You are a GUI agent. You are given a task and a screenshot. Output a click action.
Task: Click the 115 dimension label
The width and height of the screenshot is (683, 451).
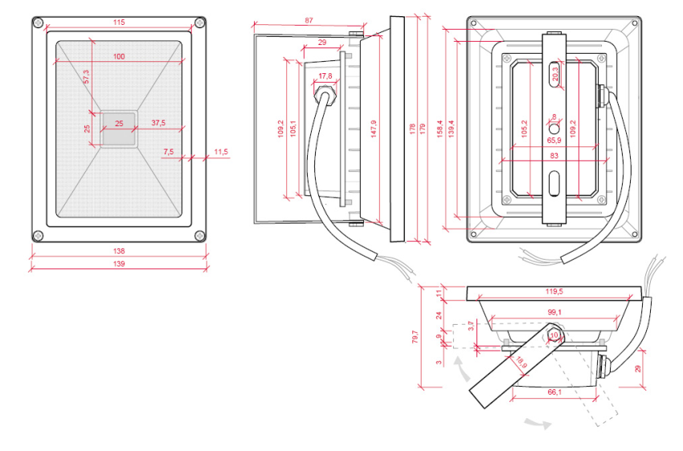(x=119, y=23)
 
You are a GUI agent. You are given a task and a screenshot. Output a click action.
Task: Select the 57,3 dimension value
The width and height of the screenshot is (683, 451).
(x=87, y=76)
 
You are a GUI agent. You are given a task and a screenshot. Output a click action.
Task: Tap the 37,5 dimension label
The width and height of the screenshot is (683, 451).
(x=158, y=123)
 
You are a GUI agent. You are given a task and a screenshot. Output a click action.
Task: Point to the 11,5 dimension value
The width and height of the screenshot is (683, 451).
(x=221, y=151)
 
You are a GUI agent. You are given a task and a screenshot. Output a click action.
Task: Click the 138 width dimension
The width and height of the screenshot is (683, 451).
(x=119, y=252)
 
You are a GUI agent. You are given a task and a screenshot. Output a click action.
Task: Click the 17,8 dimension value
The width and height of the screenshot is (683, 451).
(x=325, y=76)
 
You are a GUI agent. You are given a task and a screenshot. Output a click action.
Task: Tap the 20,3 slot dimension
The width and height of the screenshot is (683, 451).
(x=554, y=76)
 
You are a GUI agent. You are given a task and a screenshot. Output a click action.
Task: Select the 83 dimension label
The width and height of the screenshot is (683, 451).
(x=554, y=156)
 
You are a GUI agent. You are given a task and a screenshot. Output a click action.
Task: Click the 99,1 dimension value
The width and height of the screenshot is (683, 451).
(x=554, y=312)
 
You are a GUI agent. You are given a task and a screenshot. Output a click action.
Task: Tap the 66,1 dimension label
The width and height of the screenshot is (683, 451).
(x=554, y=392)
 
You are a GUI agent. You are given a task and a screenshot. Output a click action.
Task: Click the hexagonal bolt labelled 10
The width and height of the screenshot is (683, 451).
(x=554, y=334)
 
